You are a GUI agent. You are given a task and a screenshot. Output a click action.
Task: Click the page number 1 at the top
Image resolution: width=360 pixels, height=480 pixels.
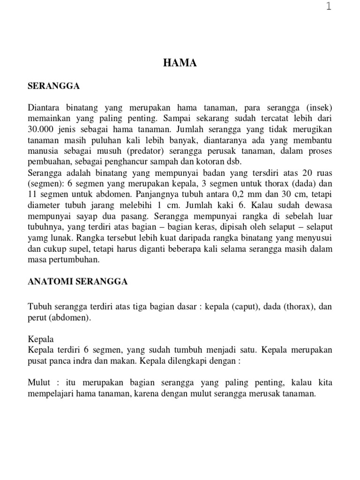[329, 7]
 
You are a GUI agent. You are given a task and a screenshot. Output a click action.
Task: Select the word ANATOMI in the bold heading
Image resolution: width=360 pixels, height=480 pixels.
[46, 282]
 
